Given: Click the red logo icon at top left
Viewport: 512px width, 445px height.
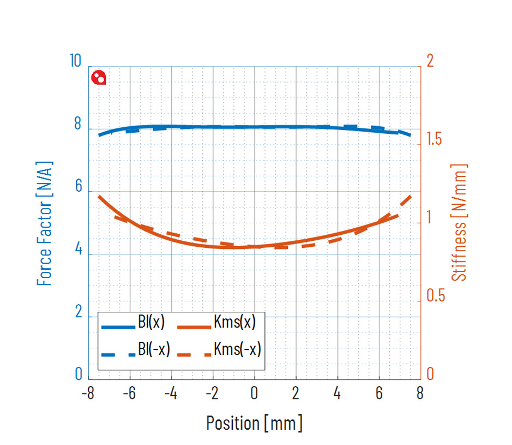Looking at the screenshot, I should [x=99, y=78].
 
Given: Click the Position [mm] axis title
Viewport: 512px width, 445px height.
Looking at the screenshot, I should [x=254, y=423].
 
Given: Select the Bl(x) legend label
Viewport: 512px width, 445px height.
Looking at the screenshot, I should [x=150, y=323].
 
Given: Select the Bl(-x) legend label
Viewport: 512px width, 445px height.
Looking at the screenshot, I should [x=154, y=350].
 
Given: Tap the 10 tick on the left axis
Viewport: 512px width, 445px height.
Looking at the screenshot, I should [x=76, y=61].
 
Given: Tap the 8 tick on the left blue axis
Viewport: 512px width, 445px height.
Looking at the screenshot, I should [x=77, y=125].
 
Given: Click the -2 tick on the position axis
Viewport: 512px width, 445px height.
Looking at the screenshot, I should [x=211, y=394].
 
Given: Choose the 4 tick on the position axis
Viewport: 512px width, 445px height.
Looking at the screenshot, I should [x=338, y=394].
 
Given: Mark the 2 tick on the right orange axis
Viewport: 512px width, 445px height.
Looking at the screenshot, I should [x=430, y=61].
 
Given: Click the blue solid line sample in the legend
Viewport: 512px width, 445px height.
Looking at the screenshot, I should [x=118, y=326].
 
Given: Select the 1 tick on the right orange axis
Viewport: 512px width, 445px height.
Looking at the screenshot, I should [x=430, y=218].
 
